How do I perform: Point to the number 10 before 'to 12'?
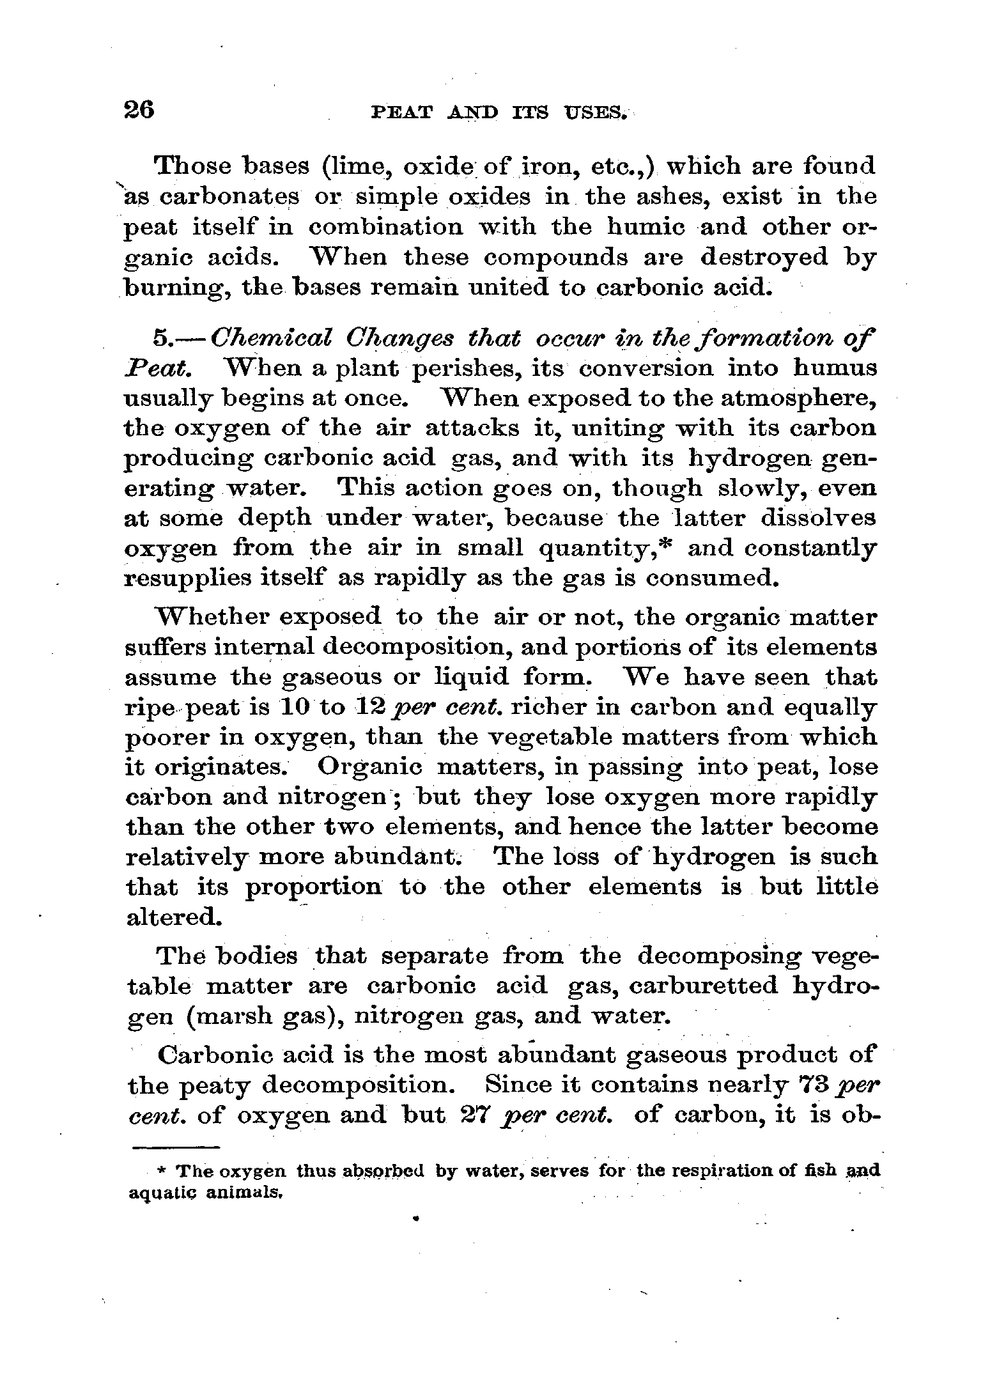click(296, 707)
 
